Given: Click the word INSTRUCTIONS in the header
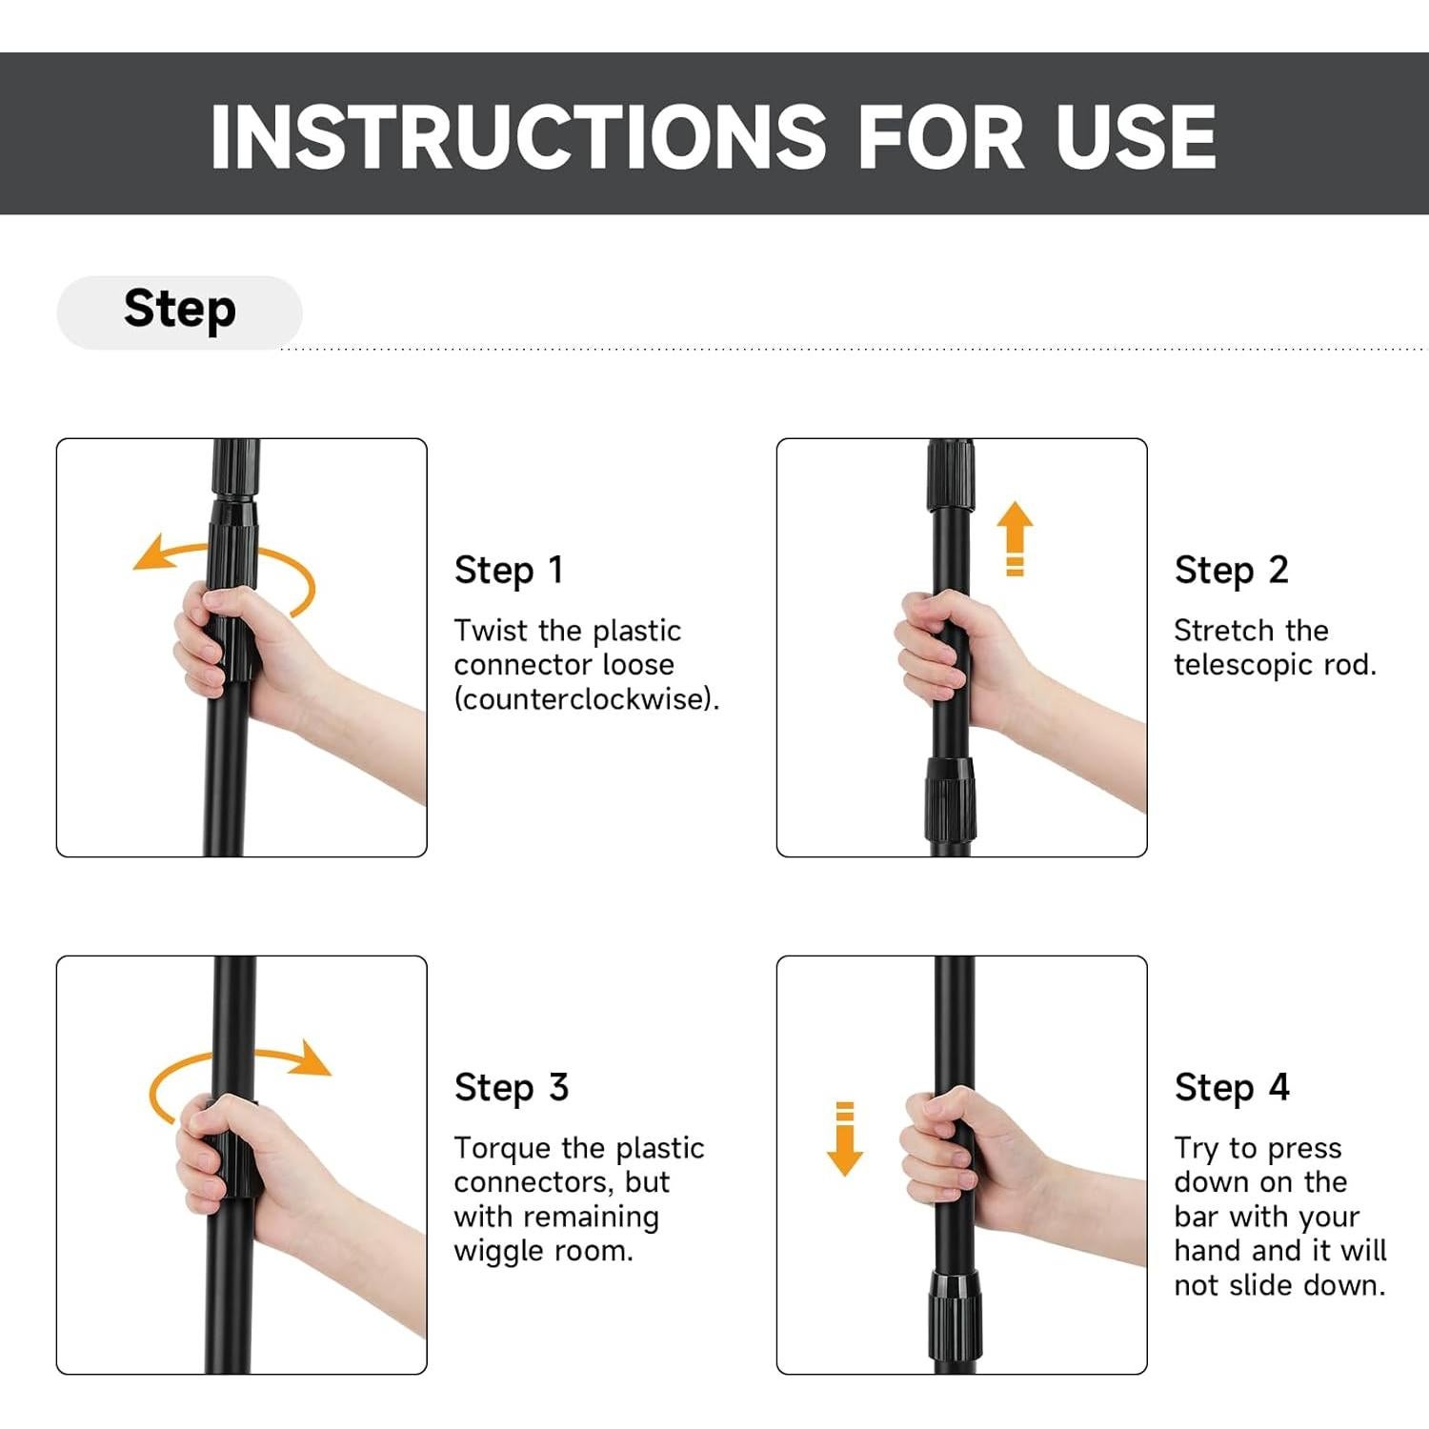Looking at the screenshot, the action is [x=519, y=136].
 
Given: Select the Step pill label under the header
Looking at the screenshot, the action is [x=180, y=311].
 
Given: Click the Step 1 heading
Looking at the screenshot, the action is [x=509, y=571].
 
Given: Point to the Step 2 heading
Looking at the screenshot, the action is [x=1231, y=571].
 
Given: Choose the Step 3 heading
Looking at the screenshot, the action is [x=512, y=1088].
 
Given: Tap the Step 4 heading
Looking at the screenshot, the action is [x=1232, y=1088].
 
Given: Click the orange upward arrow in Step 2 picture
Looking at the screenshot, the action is [x=1015, y=538].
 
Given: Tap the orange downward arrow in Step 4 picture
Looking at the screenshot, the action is [x=845, y=1138].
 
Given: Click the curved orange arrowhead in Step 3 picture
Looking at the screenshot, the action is [x=311, y=1058].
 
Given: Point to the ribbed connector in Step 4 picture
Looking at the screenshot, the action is [x=956, y=1316].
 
